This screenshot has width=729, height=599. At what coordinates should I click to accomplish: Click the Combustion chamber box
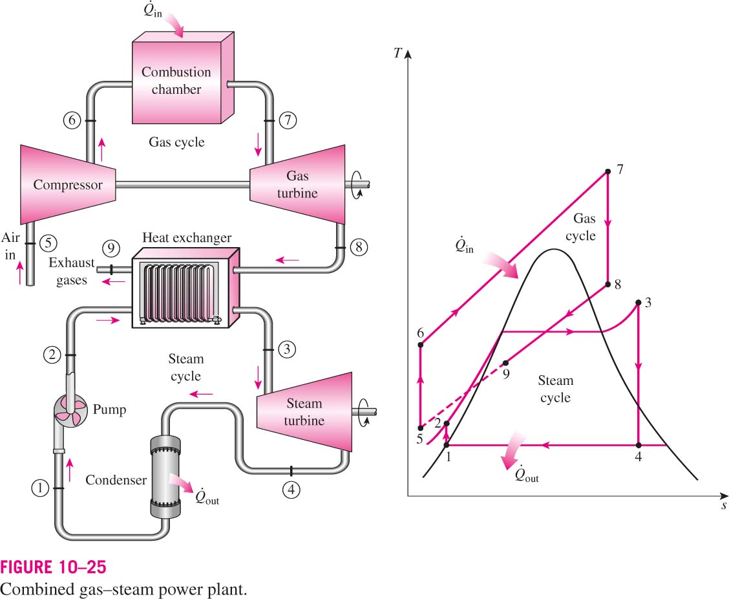[x=183, y=78]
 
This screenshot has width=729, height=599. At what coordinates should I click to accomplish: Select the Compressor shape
[x=67, y=184]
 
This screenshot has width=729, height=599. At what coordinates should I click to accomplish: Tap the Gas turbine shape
[x=297, y=184]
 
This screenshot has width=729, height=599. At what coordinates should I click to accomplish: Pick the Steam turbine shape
[x=304, y=411]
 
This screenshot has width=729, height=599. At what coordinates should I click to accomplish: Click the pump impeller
[x=70, y=411]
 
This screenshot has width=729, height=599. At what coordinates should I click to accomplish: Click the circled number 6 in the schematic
[x=72, y=120]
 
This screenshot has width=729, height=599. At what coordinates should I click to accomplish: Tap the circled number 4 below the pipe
[x=291, y=489]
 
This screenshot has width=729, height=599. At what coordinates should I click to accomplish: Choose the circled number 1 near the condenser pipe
[x=40, y=488]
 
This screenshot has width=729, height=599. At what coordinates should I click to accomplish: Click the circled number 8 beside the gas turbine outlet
[x=359, y=246]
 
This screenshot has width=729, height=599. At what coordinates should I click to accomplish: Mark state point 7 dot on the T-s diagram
[x=607, y=171]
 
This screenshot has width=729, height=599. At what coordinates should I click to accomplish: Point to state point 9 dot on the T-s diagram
[x=506, y=363]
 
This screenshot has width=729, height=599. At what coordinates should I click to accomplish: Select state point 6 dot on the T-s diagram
[x=420, y=345]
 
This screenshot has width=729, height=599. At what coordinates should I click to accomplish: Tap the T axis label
[x=397, y=54]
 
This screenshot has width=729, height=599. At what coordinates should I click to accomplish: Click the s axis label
[x=724, y=505]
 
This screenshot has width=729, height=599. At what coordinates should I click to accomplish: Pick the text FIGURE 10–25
[x=54, y=567]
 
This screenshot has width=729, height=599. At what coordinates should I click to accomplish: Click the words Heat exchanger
[x=186, y=238]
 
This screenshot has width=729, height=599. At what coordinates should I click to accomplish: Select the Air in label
[x=10, y=246]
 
